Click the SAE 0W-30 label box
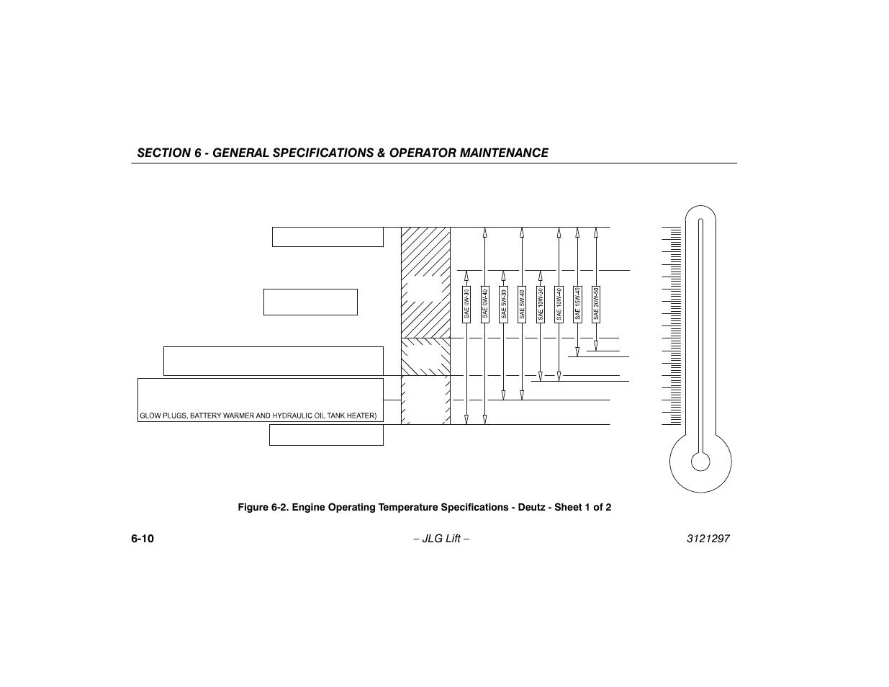pos(466,304)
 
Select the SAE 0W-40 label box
pos(485,304)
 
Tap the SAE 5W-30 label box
pos(504,304)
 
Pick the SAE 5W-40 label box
pos(522,304)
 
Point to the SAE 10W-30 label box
pos(541,304)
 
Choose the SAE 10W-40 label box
pos(559,304)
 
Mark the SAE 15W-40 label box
pos(577,304)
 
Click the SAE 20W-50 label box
pos(596,304)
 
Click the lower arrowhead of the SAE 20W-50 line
pos(596,346)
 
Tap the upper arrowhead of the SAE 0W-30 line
pos(466,275)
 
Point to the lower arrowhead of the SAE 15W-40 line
pos(577,351)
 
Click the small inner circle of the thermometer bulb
pos(700,461)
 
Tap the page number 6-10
pos(143,539)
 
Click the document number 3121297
pos(708,539)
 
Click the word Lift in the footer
pos(452,539)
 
